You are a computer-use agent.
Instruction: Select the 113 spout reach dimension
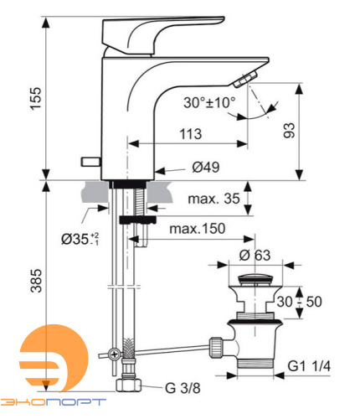click(191, 133)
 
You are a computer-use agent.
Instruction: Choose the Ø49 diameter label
click(205, 168)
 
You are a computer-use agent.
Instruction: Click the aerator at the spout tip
click(245, 80)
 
